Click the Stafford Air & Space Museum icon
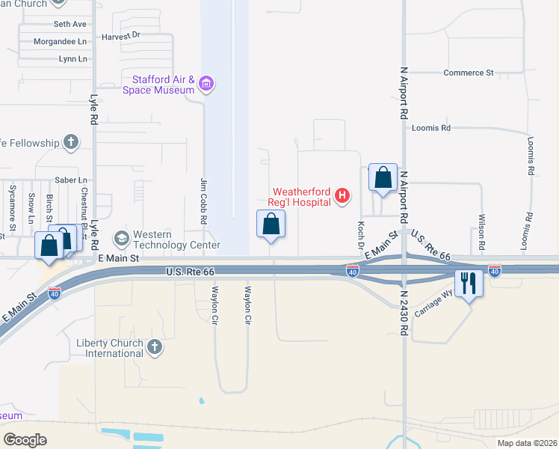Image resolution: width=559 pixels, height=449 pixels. (x=207, y=85)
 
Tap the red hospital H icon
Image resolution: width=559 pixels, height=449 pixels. (x=342, y=196)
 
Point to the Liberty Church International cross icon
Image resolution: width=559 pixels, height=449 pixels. (x=155, y=347)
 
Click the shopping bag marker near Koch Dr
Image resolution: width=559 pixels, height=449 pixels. (x=383, y=178)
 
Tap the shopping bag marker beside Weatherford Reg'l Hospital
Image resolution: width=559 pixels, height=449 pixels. (x=271, y=224)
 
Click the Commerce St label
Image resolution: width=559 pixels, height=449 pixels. (x=469, y=73)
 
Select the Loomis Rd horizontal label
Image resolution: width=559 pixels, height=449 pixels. (x=431, y=128)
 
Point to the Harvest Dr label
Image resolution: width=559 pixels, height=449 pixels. (x=121, y=35)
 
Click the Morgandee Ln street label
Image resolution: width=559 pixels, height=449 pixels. (x=61, y=42)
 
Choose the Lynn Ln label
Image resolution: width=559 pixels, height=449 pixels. (x=72, y=59)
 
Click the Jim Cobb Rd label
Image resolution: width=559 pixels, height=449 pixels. (x=203, y=201)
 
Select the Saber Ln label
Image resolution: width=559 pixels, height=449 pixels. (x=72, y=180)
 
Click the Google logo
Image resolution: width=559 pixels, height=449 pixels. (x=25, y=439)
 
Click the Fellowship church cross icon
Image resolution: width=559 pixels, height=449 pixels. (x=71, y=141)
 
